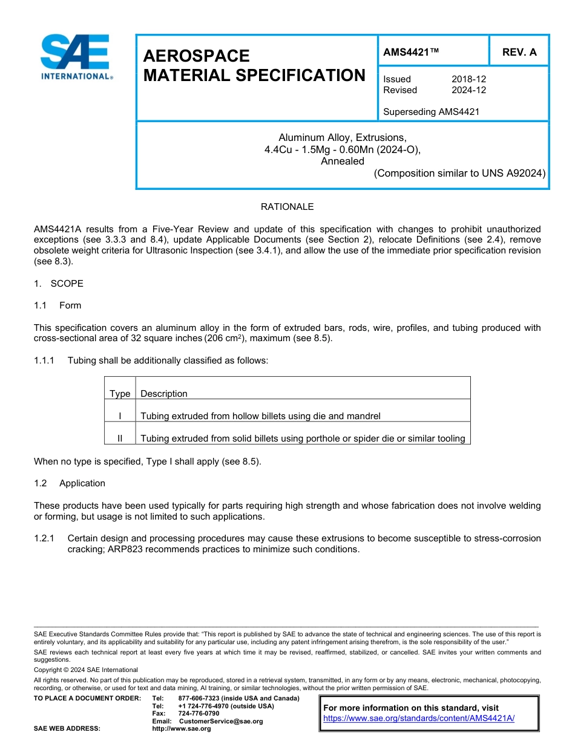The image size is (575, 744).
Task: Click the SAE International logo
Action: [x=75, y=57]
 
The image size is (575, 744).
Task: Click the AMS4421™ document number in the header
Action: [x=411, y=52]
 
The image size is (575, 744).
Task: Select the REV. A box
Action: [x=519, y=52]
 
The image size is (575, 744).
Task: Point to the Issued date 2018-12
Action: [x=468, y=79]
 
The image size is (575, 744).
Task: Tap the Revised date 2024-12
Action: [x=468, y=90]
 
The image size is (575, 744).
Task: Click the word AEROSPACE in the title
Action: [x=196, y=56]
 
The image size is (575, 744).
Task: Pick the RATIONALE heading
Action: [x=287, y=207]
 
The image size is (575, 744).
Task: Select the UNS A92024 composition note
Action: [x=459, y=173]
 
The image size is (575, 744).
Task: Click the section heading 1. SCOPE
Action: [x=59, y=284]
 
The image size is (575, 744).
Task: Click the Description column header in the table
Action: [x=164, y=394]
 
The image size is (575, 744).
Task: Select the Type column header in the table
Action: [x=120, y=394]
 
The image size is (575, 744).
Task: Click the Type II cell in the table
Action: [x=120, y=439]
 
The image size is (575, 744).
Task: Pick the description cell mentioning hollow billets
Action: [x=260, y=416]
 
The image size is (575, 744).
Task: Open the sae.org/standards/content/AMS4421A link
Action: [x=419, y=718]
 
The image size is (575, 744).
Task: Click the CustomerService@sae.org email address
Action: [x=221, y=721]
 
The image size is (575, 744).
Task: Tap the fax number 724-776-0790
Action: [x=199, y=714]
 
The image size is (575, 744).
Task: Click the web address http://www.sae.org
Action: [x=182, y=728]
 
